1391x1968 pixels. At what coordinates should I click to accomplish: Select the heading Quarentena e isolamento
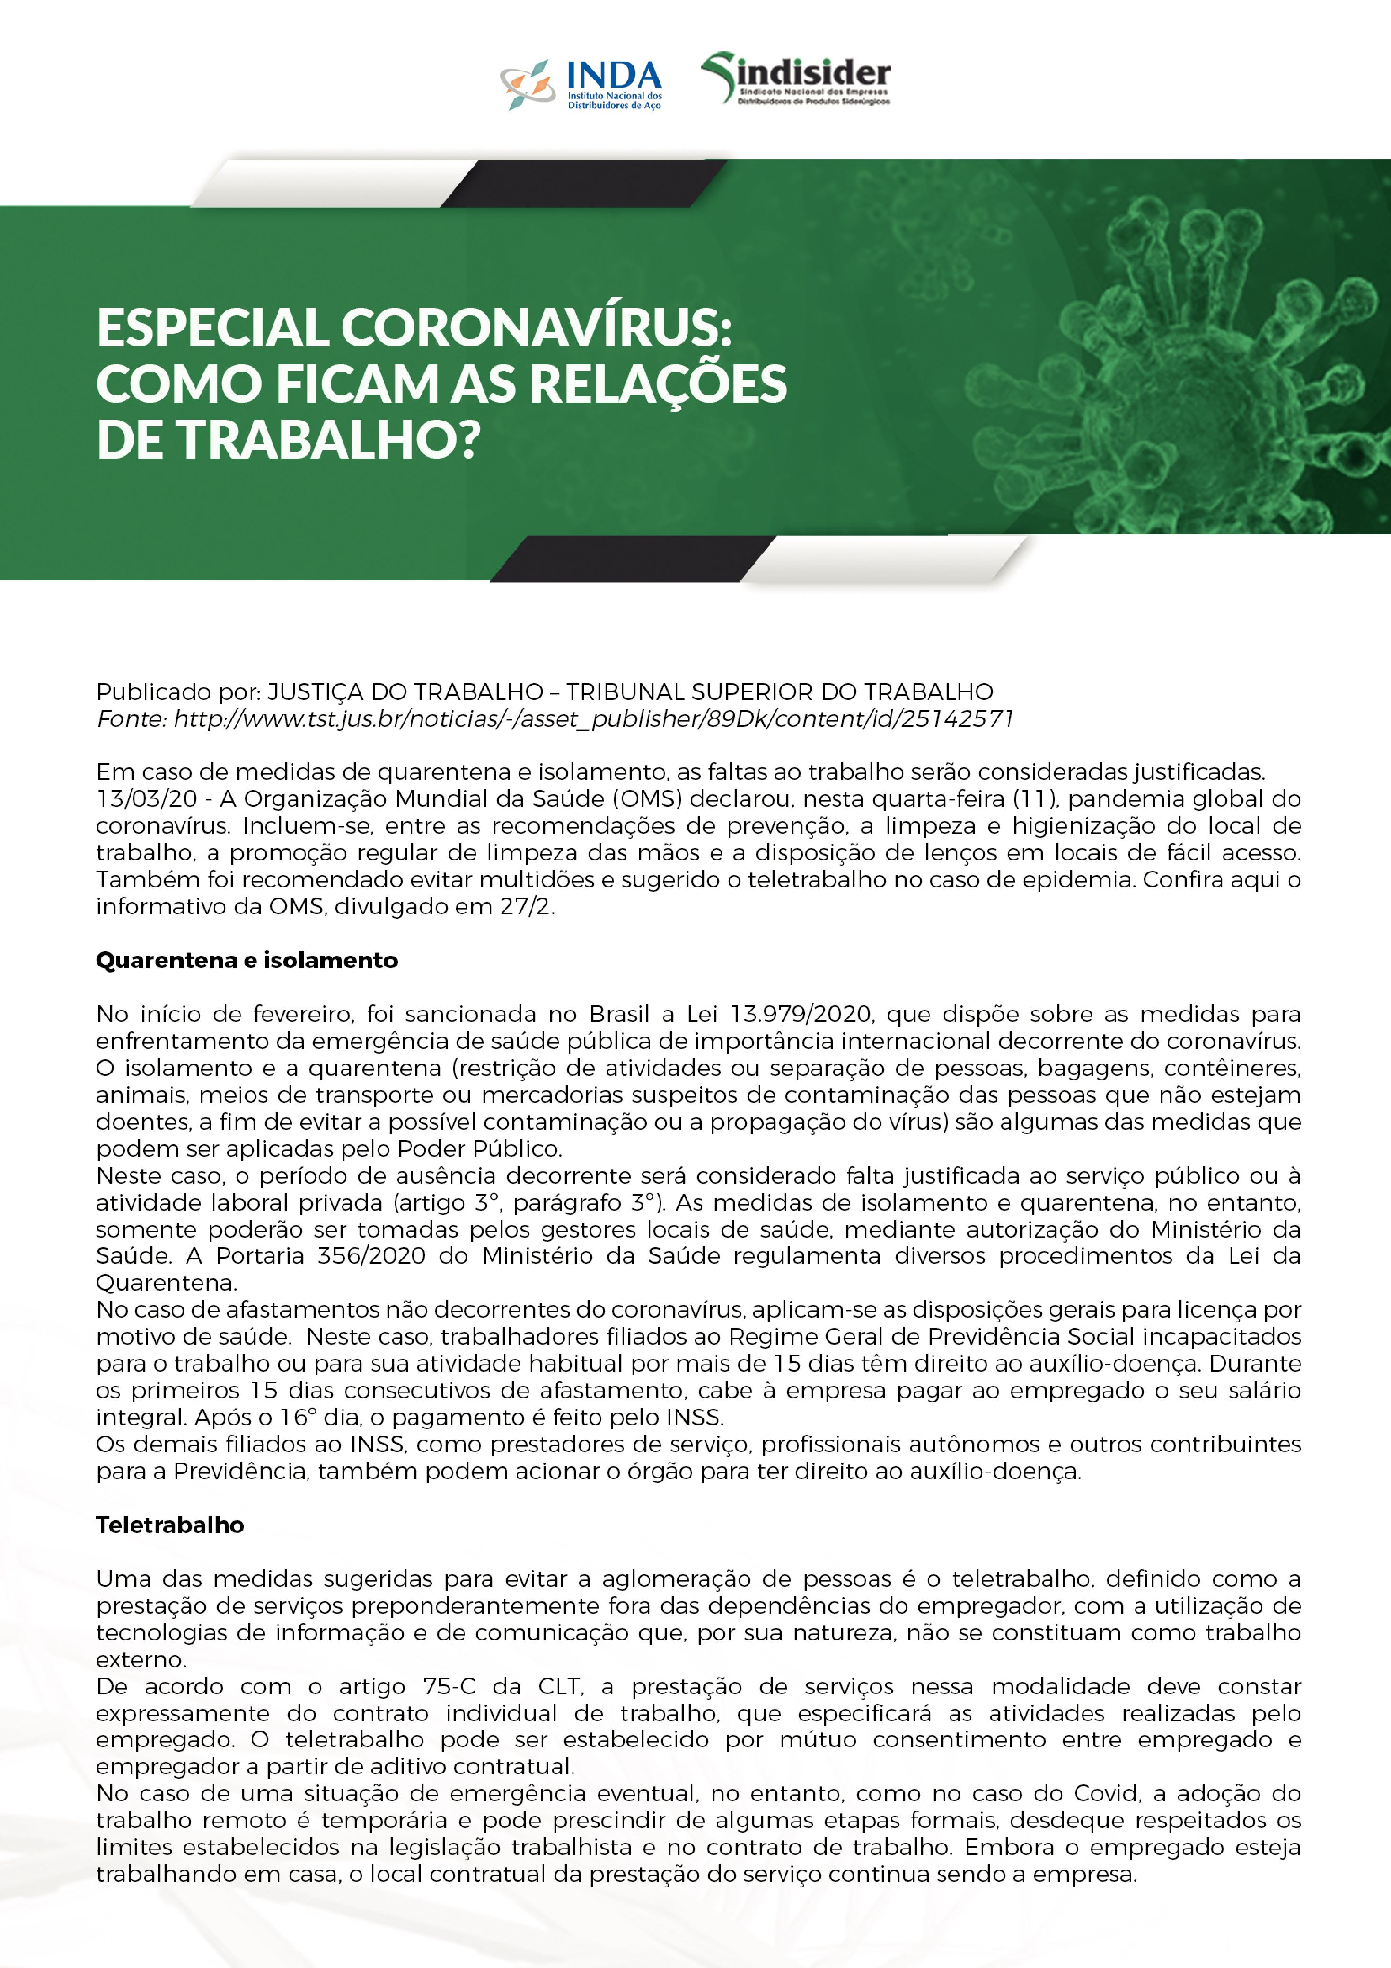click(x=247, y=960)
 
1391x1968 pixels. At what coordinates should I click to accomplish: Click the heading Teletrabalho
click(x=170, y=1525)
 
